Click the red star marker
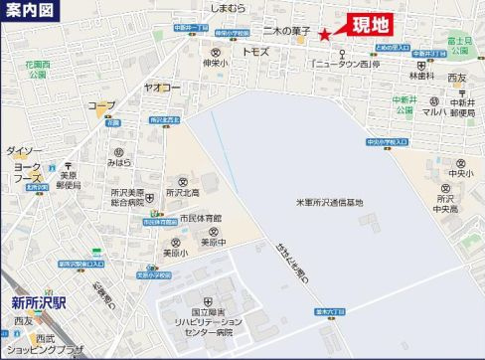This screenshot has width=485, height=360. [x=325, y=34]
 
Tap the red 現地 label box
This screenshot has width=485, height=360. [x=372, y=23]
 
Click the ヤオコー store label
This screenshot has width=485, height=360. [x=165, y=88]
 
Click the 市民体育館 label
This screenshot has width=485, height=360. [x=201, y=218]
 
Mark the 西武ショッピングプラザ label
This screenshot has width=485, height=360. [x=44, y=344]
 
